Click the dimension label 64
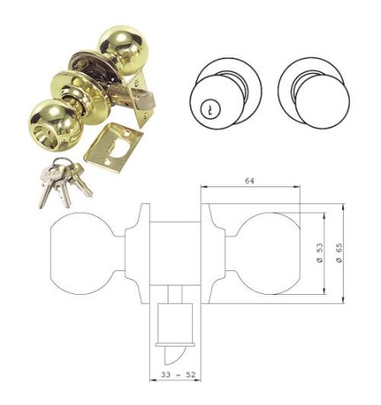coord(250,180)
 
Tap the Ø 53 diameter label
coord(320,253)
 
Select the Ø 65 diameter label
coord(339,252)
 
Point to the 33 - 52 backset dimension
coord(179,374)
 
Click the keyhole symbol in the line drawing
coord(210,109)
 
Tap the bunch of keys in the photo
coord(64,181)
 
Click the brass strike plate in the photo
coord(113,147)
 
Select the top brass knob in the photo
coord(123,50)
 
